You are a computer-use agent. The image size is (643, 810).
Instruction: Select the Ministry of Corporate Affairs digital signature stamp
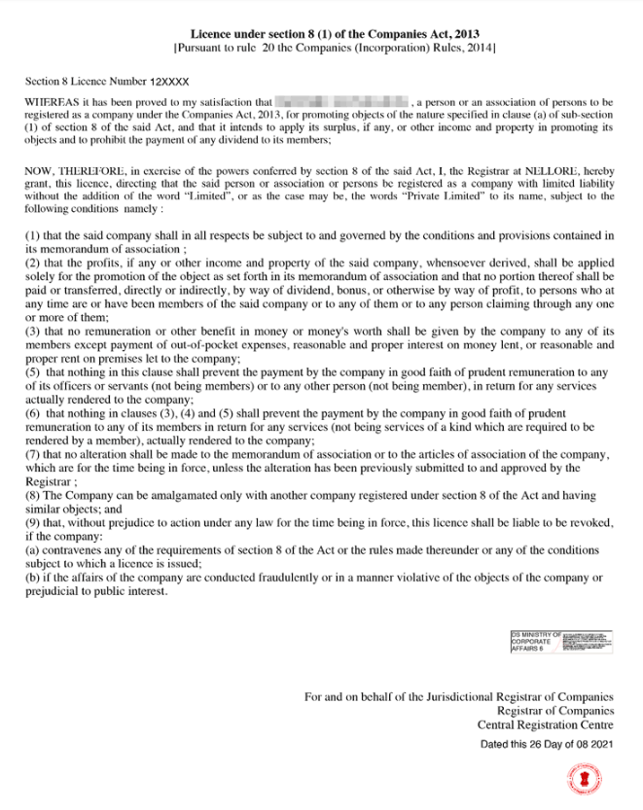click(561, 645)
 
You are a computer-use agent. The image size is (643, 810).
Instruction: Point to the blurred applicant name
click(340, 101)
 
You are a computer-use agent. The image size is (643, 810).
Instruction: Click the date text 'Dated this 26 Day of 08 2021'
click(547, 744)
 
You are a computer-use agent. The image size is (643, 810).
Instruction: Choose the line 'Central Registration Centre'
click(545, 724)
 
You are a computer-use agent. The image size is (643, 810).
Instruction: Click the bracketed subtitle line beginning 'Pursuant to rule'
click(335, 47)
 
